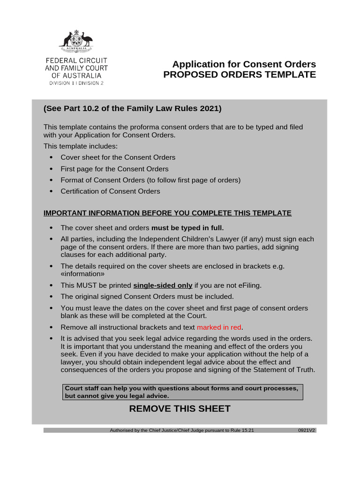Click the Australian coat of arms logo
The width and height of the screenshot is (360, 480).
[x=76, y=41]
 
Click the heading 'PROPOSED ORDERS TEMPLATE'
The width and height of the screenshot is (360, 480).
[x=239, y=75]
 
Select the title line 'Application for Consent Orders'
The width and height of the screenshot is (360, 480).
[x=244, y=64]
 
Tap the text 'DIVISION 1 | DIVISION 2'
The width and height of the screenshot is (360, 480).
[x=76, y=83]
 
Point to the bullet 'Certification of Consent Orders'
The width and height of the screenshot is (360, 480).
[x=110, y=191]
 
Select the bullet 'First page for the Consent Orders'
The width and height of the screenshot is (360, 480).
[x=114, y=169]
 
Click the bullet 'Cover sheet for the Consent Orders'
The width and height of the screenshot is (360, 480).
[x=118, y=157]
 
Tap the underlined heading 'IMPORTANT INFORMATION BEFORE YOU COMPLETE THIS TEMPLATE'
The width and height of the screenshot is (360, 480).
[x=167, y=213]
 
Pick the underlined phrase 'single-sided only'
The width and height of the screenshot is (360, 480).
[x=163, y=285]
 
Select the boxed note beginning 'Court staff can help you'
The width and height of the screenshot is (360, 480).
[x=183, y=392]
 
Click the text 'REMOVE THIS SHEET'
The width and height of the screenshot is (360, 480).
[x=180, y=409]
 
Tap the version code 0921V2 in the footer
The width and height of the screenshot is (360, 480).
[x=306, y=430]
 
